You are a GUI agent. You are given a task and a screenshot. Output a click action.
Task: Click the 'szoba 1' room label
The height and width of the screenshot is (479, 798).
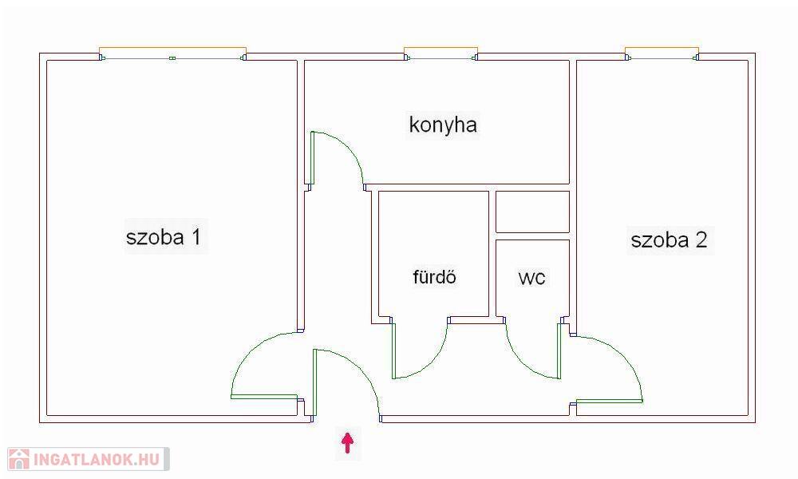tap(163, 237)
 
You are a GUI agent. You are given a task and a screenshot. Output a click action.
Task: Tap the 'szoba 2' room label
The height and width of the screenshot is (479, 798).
tap(669, 240)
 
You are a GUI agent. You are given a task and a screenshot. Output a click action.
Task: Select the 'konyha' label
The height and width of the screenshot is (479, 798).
tap(443, 125)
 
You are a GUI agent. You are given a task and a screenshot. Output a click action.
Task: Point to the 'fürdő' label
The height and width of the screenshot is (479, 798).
tap(434, 278)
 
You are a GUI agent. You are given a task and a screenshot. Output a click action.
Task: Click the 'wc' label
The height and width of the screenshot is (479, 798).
tap(532, 278)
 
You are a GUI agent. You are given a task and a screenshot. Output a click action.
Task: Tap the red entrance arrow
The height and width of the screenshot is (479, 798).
tap(347, 442)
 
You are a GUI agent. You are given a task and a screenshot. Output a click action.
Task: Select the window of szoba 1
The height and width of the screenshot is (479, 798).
tap(172, 56)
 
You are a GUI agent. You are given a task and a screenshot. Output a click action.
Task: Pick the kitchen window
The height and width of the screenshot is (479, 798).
tap(440, 56)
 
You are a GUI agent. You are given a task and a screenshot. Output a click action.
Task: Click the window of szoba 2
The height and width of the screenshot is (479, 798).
tap(662, 56)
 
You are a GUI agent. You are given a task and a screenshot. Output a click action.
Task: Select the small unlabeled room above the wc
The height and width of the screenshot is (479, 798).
tap(532, 212)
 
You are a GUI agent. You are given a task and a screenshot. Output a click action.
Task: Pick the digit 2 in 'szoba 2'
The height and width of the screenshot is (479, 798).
tap(700, 240)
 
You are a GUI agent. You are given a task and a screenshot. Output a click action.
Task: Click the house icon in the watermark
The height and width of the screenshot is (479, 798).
tap(19, 459)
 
